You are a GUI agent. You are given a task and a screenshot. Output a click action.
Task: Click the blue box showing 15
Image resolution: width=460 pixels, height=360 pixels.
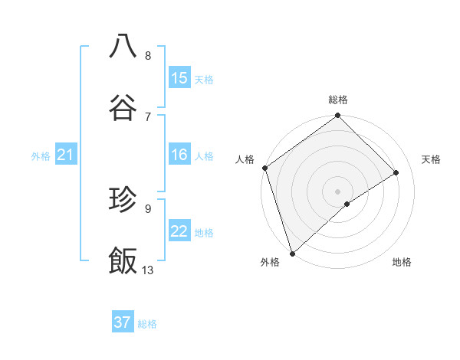tap(179, 78)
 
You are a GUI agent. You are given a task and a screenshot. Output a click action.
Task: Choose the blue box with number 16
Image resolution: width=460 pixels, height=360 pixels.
tap(179, 155)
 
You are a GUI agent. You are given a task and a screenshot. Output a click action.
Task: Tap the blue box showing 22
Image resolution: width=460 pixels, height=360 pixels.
tap(179, 231)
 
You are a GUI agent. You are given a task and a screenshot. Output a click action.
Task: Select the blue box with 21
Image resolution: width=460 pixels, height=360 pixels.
tap(65, 155)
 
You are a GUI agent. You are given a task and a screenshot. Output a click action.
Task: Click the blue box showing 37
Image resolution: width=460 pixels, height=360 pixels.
tap(123, 322)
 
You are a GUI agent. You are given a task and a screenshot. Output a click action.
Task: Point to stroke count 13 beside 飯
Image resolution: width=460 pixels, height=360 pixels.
tap(148, 270)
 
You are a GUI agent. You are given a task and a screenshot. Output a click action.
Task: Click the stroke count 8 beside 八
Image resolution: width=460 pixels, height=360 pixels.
tap(148, 55)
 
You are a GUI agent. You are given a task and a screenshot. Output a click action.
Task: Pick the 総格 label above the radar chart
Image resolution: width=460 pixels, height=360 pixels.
tap(338, 100)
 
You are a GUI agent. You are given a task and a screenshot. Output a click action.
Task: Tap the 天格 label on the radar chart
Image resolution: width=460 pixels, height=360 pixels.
tap(432, 159)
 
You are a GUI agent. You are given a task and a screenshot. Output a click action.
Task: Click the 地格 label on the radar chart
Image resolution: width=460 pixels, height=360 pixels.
tap(402, 262)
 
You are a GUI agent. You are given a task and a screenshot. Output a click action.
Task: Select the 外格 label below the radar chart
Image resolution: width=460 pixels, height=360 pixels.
tap(270, 262)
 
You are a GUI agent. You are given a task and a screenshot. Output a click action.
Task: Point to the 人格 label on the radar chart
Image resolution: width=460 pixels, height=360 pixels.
tap(245, 159)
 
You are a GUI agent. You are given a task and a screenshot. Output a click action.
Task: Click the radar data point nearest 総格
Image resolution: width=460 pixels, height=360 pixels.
tap(338, 116)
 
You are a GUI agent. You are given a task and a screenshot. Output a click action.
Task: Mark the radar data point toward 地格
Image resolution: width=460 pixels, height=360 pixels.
tap(347, 204)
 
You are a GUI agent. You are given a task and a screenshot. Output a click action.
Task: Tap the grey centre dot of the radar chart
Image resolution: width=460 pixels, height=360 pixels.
tap(337, 191)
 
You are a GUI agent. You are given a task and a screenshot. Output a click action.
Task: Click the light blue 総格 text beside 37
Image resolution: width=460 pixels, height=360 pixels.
tap(147, 324)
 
